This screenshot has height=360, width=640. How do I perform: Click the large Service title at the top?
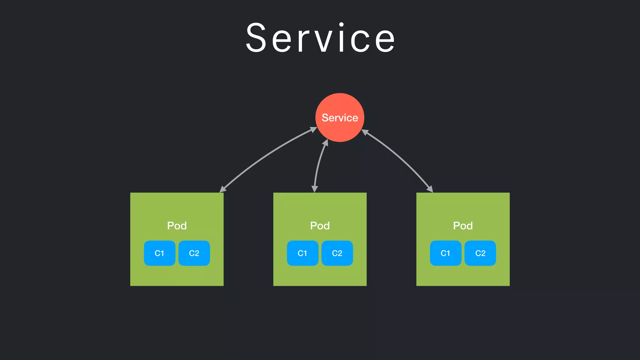click(320, 38)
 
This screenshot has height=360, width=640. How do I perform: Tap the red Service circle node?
click(340, 117)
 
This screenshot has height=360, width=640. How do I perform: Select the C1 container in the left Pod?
click(159, 253)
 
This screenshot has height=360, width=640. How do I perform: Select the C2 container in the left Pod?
click(194, 253)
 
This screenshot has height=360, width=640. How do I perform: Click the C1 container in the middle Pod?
click(302, 253)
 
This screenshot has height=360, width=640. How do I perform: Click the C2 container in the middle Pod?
click(337, 253)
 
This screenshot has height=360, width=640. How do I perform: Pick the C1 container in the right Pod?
click(446, 253)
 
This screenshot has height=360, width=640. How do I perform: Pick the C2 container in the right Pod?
click(480, 253)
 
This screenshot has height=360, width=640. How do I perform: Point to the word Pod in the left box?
click(177, 226)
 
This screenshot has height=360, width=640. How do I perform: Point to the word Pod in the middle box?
click(320, 226)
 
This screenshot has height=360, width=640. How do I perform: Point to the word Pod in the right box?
click(463, 226)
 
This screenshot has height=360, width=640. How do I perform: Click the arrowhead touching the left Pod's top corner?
click(223, 189)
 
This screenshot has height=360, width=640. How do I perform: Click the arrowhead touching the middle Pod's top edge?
click(315, 188)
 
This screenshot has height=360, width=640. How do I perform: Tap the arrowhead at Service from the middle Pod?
click(326, 143)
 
